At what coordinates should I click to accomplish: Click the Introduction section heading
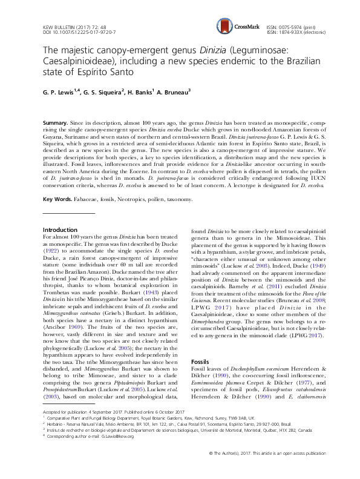point(61,230)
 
